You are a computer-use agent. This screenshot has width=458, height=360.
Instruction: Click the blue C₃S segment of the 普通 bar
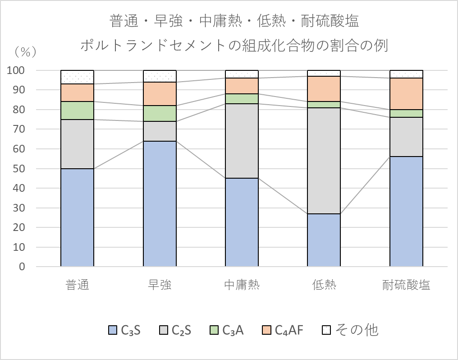pyautogui.click(x=77, y=217)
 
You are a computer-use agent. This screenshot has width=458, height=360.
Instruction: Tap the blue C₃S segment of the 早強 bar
pyautogui.click(x=160, y=204)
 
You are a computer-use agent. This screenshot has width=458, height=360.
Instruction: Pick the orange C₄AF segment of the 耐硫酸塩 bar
pyautogui.click(x=406, y=94)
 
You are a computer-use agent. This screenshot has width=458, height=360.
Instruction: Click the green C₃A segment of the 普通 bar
pyautogui.click(x=77, y=111)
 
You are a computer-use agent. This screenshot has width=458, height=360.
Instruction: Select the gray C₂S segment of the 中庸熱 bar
pyautogui.click(x=242, y=141)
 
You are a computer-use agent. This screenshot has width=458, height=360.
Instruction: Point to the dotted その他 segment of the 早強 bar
pyautogui.click(x=160, y=76)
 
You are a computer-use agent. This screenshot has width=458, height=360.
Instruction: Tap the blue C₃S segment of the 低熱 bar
pyautogui.click(x=324, y=240)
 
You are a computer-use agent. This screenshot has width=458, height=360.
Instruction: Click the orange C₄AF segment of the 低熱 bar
pyautogui.click(x=324, y=89)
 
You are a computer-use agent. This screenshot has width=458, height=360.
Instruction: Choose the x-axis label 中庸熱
pyautogui.click(x=242, y=285)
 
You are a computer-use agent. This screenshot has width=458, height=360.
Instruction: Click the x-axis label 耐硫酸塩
pyautogui.click(x=406, y=285)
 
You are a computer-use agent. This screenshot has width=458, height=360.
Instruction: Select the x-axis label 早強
pyautogui.click(x=160, y=285)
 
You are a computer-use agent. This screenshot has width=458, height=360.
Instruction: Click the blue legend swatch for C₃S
pyautogui.click(x=112, y=331)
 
